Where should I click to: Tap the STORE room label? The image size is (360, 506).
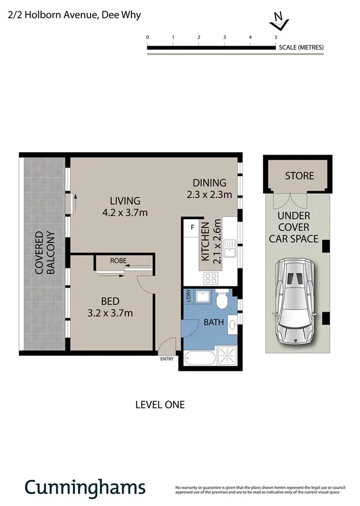[300, 176]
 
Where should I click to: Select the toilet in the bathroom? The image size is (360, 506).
[222, 300]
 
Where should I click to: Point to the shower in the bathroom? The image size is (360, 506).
[227, 356]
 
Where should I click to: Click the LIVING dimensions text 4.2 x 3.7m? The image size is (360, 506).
[125, 212]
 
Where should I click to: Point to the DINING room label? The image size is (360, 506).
[210, 182]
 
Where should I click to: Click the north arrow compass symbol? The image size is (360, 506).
[278, 23]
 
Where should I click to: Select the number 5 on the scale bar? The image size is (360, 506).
[276, 37]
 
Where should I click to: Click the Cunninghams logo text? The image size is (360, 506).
[84, 487]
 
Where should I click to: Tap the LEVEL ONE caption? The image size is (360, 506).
[160, 405]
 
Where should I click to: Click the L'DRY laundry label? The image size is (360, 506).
[189, 296]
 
